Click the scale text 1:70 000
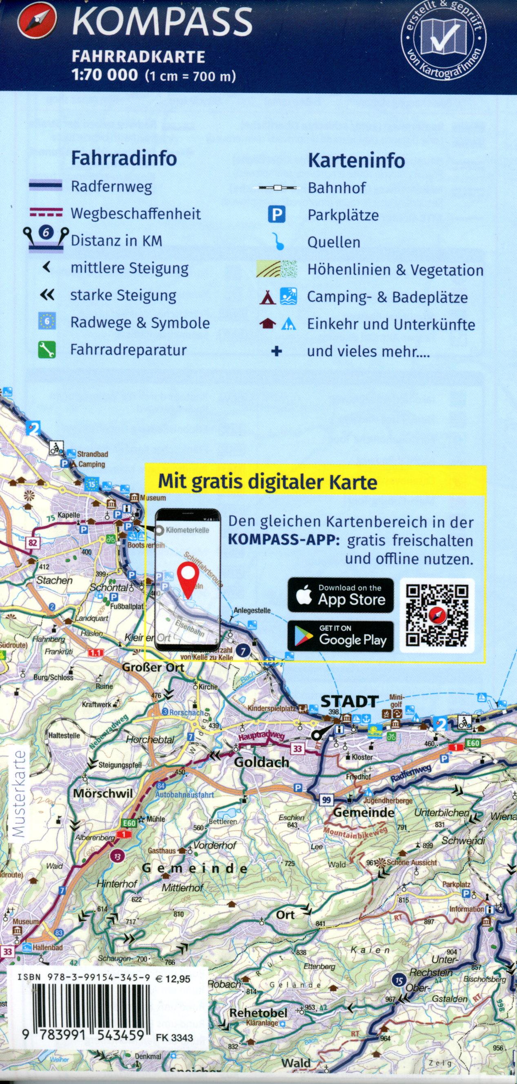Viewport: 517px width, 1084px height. click(105, 75)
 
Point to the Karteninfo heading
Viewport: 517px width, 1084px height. click(357, 161)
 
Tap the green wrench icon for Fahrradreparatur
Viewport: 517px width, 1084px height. click(47, 350)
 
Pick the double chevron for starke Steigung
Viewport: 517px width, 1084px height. click(47, 295)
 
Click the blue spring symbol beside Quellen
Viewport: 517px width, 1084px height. click(277, 242)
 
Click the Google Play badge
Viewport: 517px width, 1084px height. click(340, 636)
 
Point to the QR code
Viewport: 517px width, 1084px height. click(437, 616)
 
